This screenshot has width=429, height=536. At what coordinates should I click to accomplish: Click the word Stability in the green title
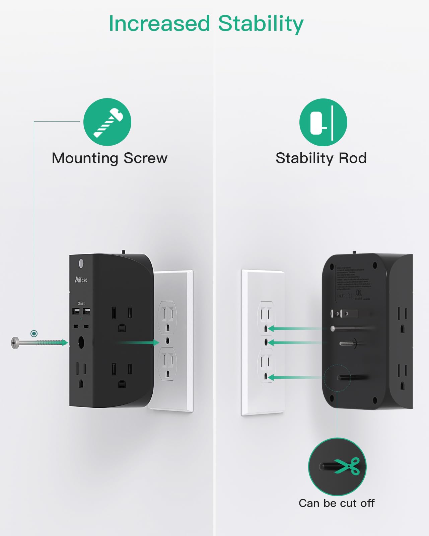(x=261, y=24)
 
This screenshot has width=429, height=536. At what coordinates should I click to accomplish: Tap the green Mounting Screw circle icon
(x=107, y=122)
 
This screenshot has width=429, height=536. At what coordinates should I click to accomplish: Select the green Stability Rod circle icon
(x=323, y=122)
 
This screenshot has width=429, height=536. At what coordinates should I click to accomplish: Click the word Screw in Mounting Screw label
(x=145, y=158)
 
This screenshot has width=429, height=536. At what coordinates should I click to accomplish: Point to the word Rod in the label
(x=353, y=158)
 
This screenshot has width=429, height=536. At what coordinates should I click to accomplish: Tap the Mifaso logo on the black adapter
(x=81, y=280)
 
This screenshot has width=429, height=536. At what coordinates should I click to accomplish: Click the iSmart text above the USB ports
(x=81, y=303)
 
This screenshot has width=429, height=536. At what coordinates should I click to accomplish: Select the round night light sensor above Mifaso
(x=81, y=263)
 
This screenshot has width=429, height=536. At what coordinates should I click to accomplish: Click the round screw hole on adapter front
(x=81, y=342)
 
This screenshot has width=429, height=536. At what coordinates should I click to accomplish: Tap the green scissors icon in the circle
(x=348, y=466)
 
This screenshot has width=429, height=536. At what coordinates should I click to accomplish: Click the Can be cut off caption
(x=337, y=503)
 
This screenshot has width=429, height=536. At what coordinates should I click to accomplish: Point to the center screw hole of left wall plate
(x=168, y=341)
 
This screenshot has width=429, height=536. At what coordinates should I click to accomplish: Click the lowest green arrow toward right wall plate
(x=295, y=378)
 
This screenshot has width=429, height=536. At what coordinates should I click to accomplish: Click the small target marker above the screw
(x=34, y=333)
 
